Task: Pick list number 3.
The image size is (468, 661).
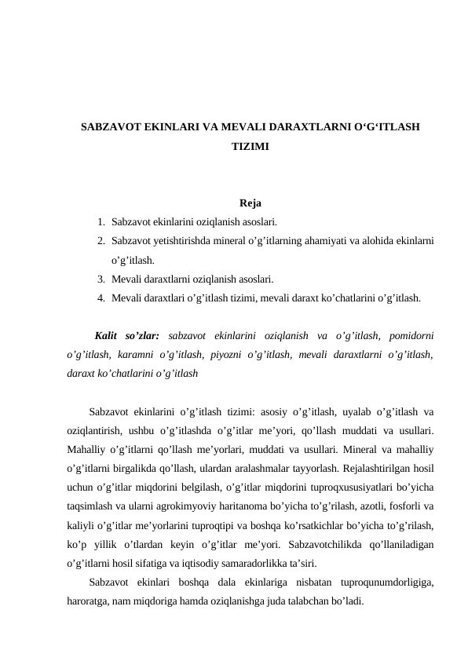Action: click(x=102, y=278)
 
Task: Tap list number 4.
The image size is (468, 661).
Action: click(x=102, y=298)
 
